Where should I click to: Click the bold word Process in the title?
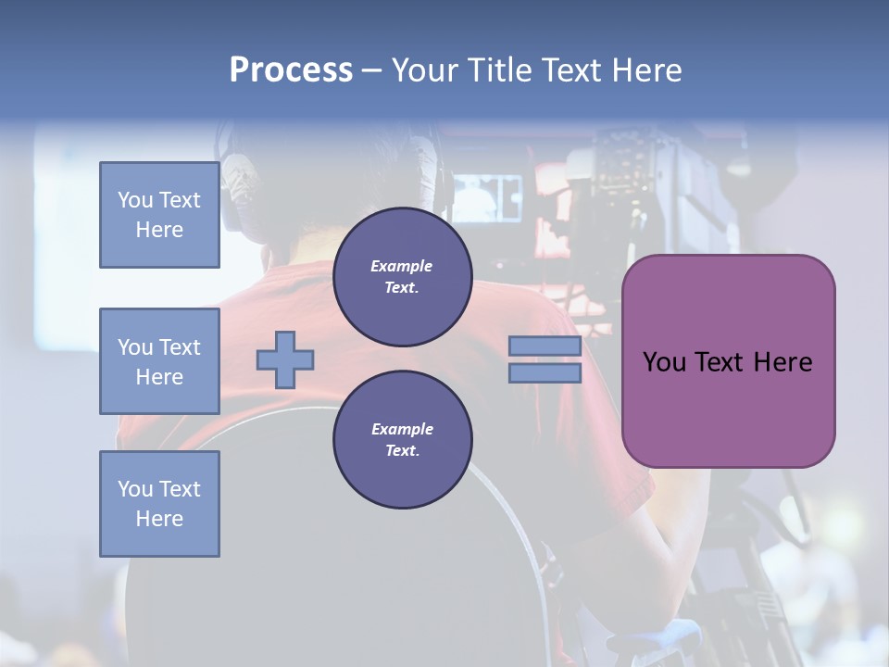coord(291,69)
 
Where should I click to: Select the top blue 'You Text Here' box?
coord(159,215)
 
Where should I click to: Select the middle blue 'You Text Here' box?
coord(159,361)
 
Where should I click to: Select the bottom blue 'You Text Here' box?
coord(159,504)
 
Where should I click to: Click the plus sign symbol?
coord(285,359)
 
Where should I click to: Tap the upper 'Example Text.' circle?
coord(402,277)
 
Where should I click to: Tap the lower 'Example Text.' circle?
coord(402,440)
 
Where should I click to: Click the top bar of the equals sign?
coord(545,346)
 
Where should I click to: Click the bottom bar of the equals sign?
coord(545,372)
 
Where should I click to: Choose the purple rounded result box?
coord(728,360)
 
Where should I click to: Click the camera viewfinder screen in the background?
coord(486,196)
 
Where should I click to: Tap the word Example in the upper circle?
coord(402,266)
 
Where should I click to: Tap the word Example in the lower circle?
coord(402,429)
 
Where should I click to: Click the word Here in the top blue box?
coord(159,230)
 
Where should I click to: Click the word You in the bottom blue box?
coord(133,489)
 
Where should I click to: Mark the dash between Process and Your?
coord(371,70)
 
